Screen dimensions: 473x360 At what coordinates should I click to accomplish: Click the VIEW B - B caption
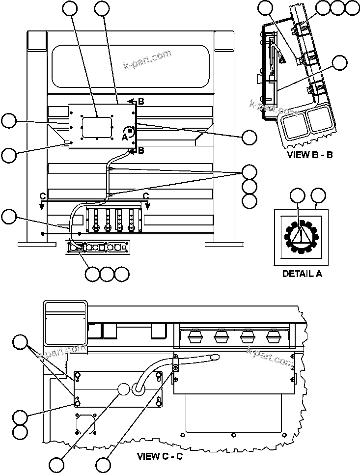tap(310, 155)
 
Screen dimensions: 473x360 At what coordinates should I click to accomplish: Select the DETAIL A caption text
tap(302, 274)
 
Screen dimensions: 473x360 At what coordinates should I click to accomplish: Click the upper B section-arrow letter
tap(140, 102)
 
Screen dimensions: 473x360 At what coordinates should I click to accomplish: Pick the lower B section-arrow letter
tap(140, 150)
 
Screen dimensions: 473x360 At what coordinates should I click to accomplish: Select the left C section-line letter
tap(43, 196)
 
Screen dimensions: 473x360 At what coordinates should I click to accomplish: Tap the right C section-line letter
tap(146, 196)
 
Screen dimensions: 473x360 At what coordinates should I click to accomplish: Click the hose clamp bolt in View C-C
tap(175, 368)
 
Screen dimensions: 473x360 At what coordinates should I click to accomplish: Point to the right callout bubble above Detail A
tap(319, 195)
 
